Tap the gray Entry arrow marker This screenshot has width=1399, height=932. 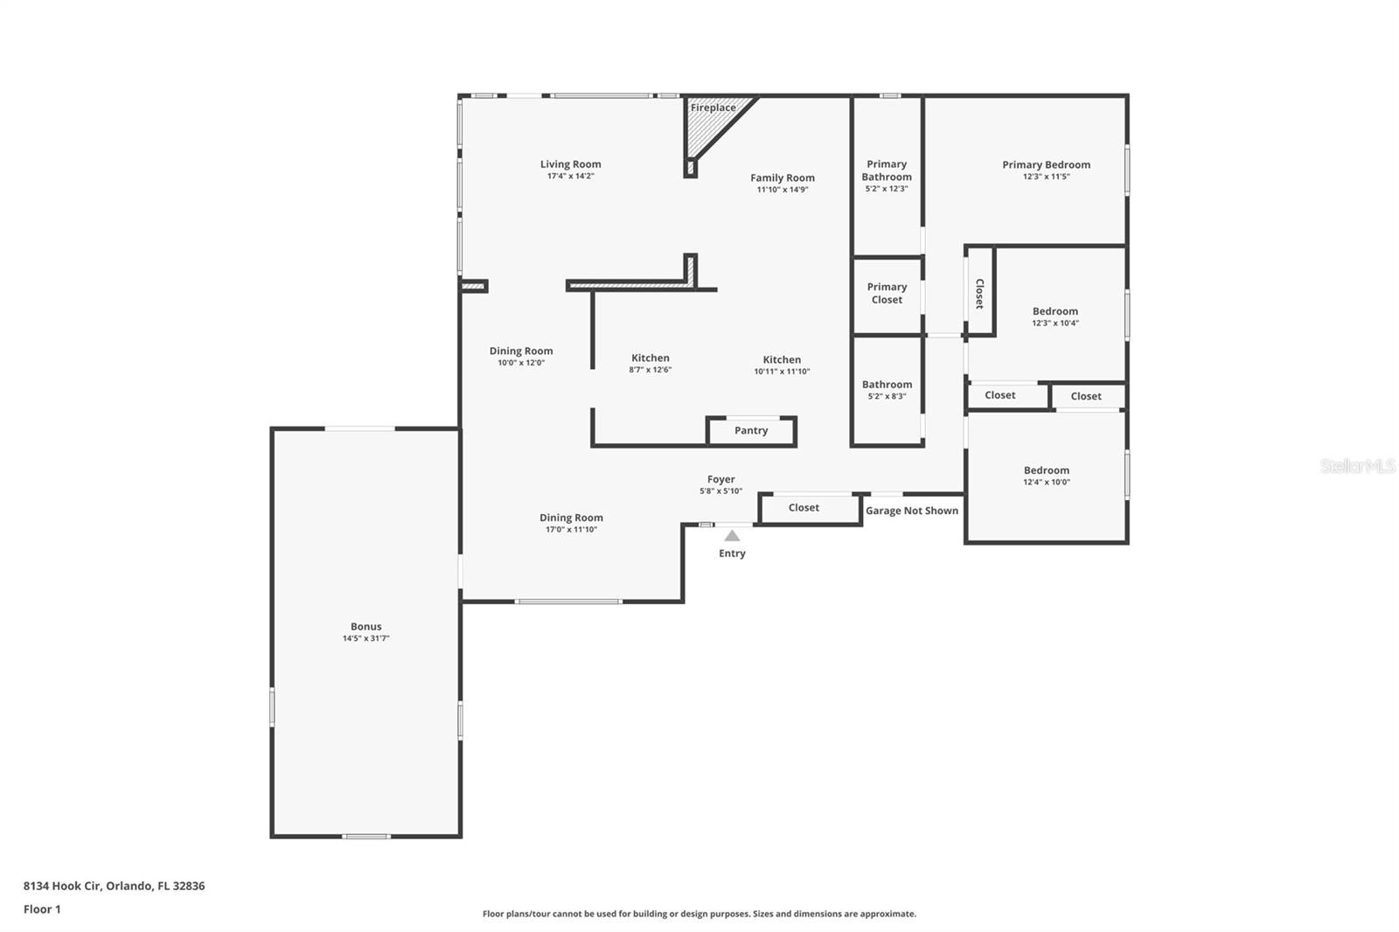point(732,536)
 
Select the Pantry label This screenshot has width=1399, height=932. point(751,430)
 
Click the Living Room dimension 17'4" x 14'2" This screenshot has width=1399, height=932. point(570,176)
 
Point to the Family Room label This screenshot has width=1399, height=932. point(782,178)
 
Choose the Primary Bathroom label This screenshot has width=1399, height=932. point(887,170)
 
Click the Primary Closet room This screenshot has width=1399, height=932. point(887,296)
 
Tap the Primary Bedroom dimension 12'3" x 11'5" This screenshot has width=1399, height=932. point(1046,177)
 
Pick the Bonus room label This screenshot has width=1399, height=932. point(365,627)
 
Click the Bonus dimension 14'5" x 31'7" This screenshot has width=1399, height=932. point(365,638)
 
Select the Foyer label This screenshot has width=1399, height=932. point(720,479)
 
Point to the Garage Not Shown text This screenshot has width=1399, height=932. point(911,511)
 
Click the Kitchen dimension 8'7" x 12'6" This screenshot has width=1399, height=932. point(651,370)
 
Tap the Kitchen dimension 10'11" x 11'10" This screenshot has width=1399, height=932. point(782,372)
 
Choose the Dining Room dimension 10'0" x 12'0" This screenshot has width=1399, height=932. point(521,363)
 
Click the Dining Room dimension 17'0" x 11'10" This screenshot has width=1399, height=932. point(571,530)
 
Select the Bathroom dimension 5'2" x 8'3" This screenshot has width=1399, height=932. point(887,397)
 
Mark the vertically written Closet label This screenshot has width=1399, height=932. point(979,294)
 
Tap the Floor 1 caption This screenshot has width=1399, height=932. point(42,909)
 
